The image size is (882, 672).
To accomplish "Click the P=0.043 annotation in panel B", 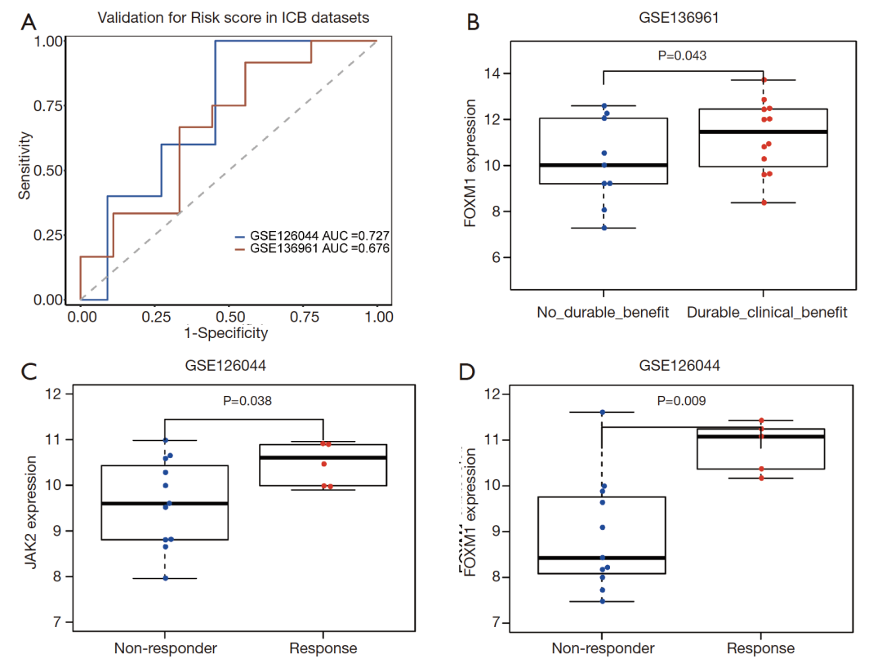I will [682, 56].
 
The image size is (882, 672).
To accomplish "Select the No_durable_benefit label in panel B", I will [603, 313].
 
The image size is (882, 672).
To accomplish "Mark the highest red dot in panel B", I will [764, 80].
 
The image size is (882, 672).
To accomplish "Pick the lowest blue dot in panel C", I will [165, 578].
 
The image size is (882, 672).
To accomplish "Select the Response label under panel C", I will [323, 648].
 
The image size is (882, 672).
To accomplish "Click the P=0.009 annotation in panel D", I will [682, 401].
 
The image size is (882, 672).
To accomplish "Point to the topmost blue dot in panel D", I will [602, 412].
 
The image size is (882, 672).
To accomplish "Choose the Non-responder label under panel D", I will [603, 648].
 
